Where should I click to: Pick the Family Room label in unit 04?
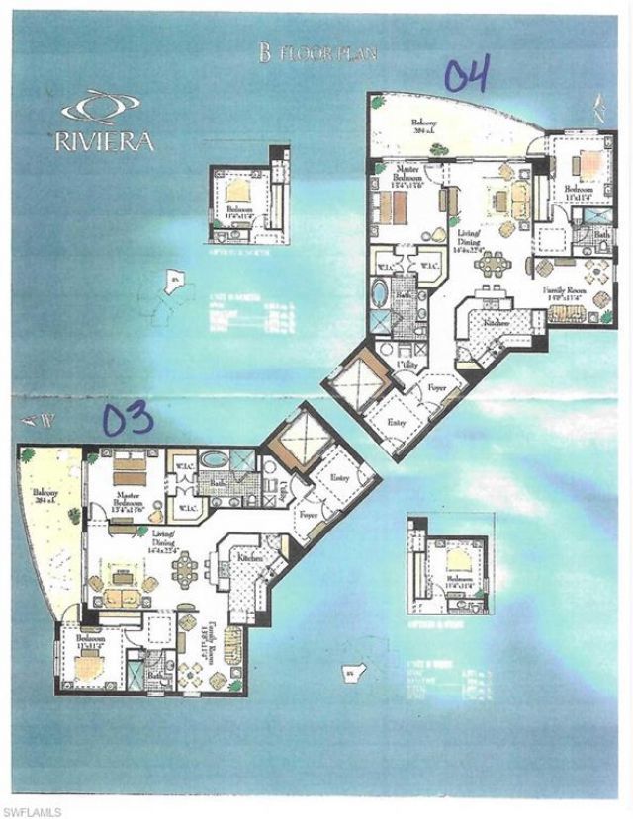pyautogui.click(x=566, y=292)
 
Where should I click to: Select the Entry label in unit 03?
pyautogui.click(x=341, y=477)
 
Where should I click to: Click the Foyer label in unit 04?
pyautogui.click(x=438, y=389)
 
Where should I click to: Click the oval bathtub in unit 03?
pyautogui.click(x=214, y=461)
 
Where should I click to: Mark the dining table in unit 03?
pyautogui.click(x=185, y=568)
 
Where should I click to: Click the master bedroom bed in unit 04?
pyautogui.click(x=392, y=207)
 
